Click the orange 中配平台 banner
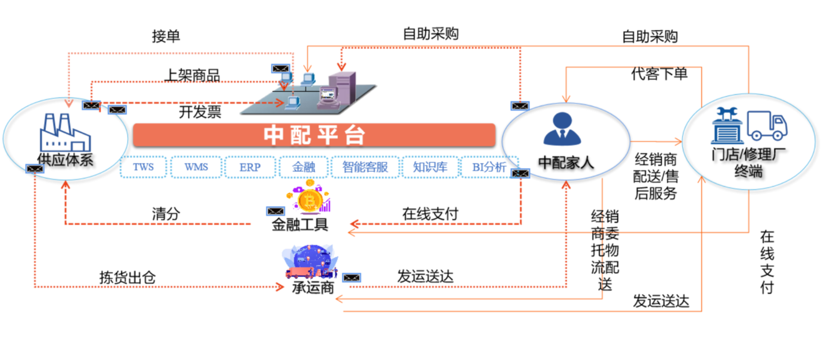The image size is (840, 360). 314,134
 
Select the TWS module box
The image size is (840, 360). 143,167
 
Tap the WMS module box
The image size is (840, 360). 196,167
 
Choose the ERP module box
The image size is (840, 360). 250,167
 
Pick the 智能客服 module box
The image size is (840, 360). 365,167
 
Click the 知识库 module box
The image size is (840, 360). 430,167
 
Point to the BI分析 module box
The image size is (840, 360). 489,167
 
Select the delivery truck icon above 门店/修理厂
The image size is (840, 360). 767,126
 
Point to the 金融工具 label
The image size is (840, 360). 300,225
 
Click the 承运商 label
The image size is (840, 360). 313,288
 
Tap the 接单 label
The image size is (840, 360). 166,36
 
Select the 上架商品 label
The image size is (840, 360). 193,75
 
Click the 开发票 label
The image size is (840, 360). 200,112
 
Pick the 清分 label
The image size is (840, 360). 166,214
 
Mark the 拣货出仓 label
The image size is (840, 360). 127,278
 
